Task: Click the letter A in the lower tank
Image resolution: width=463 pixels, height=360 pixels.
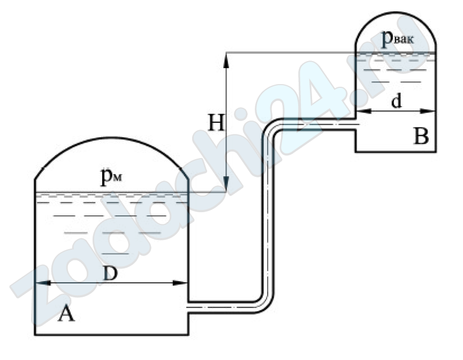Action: point(66,314)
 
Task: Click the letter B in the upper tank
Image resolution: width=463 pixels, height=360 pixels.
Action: point(421,137)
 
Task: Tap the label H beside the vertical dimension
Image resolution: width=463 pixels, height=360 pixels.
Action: point(216,122)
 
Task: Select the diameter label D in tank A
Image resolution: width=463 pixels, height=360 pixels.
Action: point(110,274)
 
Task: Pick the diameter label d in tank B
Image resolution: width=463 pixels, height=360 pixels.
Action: point(396,101)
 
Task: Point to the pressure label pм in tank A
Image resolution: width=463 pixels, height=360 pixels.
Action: point(111,176)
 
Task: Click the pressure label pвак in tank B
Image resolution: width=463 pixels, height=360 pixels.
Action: point(398,38)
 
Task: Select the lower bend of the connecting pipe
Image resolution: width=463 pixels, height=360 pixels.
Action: point(264,303)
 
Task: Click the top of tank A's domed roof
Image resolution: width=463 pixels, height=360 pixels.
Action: point(112,137)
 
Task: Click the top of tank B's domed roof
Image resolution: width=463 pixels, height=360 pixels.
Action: point(396,12)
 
